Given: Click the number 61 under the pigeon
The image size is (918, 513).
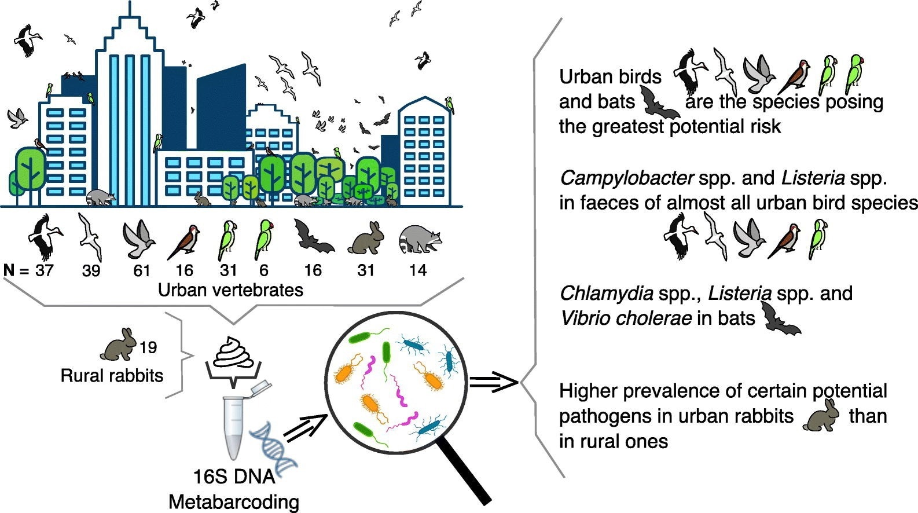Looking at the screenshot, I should (141, 270).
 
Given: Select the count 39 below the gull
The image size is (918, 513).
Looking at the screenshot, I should (91, 270).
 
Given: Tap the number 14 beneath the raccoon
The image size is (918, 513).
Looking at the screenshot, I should (417, 270).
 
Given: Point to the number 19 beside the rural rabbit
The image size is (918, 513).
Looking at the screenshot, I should (148, 347).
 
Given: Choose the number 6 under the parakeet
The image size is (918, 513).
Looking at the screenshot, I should (264, 270).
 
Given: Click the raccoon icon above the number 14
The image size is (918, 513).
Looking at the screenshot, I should (420, 238).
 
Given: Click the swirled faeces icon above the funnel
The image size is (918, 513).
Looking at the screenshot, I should (233, 351).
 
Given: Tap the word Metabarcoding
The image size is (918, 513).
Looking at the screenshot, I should (234, 502).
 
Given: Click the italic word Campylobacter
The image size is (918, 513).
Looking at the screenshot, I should (626, 178).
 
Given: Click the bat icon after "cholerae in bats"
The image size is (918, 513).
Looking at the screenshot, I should (781, 320).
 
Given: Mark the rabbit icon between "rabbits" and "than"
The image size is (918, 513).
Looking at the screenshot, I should (821, 417).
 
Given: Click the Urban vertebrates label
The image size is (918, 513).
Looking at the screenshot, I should (230, 290).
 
